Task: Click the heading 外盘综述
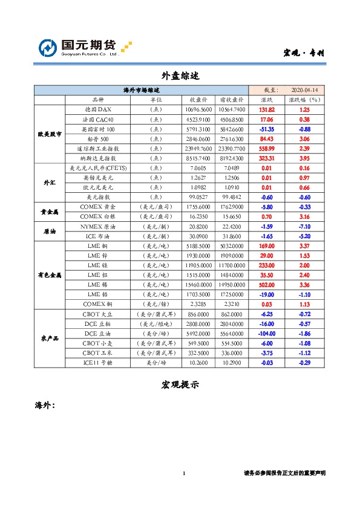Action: [180, 76]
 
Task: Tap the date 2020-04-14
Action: [304, 89]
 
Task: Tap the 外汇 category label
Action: [50, 182]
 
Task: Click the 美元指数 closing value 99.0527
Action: [198, 196]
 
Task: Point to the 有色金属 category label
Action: [50, 274]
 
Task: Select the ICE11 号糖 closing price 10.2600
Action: [198, 362]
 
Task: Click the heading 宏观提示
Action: [180, 384]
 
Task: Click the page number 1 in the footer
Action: [183, 473]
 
